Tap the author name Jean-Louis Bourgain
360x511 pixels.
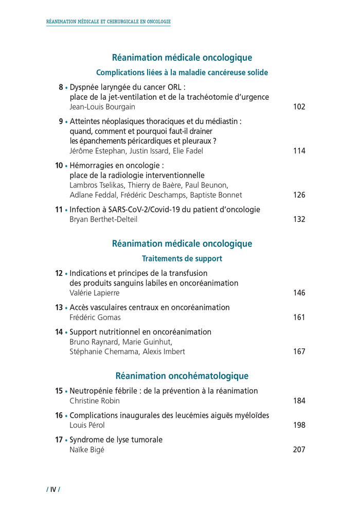[103, 107]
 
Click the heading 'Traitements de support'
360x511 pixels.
[182, 259]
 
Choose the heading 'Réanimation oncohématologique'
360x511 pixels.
[182, 376]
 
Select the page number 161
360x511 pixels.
[299, 318]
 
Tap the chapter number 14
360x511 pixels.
[59, 332]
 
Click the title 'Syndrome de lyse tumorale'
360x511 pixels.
[116, 439]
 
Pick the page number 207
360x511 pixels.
[299, 450]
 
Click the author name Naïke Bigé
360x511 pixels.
[87, 450]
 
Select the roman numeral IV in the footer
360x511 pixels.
[53, 489]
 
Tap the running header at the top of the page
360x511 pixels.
[109, 22]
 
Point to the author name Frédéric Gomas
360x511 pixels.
[95, 318]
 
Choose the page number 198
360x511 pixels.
[299, 425]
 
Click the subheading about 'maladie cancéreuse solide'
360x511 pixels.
[182, 73]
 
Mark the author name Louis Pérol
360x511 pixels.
[87, 425]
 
